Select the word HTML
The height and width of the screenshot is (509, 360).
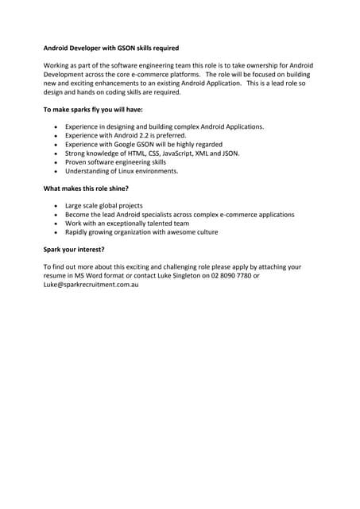point(136,153)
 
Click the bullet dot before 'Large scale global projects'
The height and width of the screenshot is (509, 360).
point(55,206)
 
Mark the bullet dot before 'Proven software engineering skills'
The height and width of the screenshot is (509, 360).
point(55,161)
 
